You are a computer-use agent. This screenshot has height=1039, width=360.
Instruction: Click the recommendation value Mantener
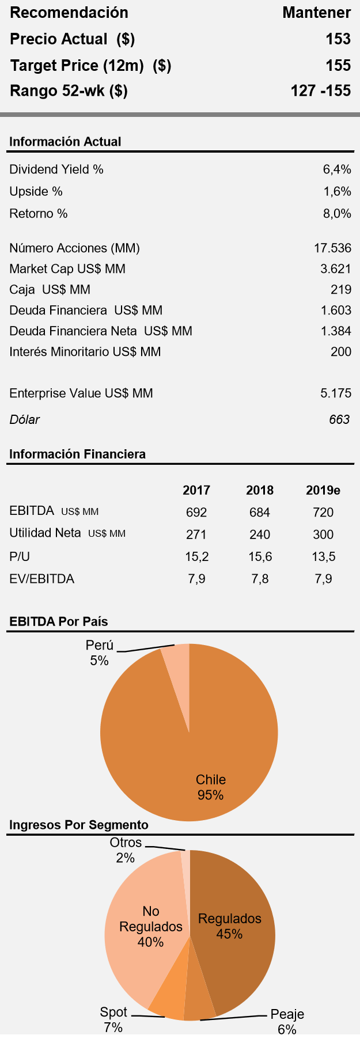tap(316, 13)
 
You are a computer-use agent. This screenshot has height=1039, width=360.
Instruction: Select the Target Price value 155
tap(338, 66)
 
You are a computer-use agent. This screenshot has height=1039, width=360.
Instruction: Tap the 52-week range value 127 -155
tap(321, 91)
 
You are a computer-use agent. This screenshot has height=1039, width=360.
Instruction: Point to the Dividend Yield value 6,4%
tap(337, 169)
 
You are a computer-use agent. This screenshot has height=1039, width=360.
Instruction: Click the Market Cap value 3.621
tap(336, 269)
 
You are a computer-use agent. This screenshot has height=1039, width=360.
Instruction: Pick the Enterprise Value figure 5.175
tap(336, 393)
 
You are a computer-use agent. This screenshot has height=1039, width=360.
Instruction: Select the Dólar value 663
tap(339, 419)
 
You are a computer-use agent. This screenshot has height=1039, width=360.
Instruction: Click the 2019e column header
tap(323, 490)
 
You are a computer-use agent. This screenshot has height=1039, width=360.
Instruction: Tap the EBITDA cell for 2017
tap(196, 512)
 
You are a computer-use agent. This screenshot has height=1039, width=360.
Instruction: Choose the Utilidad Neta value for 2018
tap(260, 534)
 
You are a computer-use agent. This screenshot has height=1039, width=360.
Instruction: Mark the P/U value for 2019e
tap(323, 556)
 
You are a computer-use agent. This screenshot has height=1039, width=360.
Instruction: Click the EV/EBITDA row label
tap(42, 579)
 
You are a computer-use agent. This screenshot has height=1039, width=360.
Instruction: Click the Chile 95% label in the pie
tap(210, 787)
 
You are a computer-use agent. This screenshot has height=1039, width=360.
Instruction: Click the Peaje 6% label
tap(287, 1021)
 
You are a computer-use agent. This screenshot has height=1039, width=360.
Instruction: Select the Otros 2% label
tap(126, 850)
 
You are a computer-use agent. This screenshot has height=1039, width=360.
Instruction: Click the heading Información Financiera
tap(77, 454)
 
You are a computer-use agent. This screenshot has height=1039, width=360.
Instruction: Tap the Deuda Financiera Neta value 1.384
tap(336, 331)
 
